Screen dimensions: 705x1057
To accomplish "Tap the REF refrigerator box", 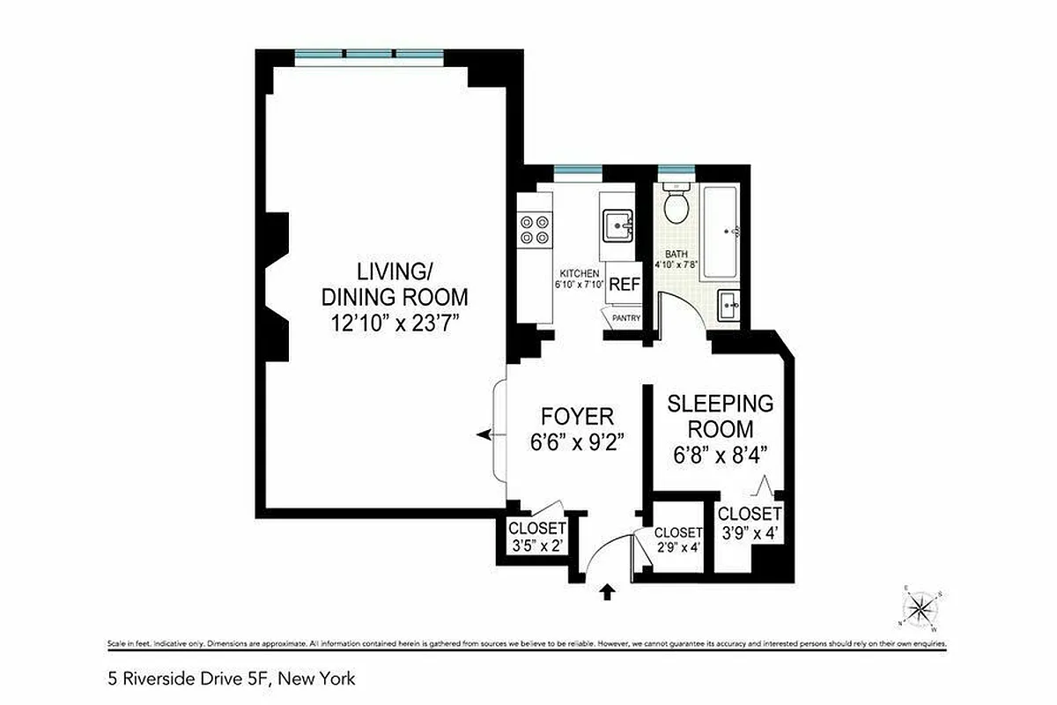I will pyautogui.click(x=625, y=285).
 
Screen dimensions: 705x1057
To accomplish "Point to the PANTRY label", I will pyautogui.click(x=626, y=318).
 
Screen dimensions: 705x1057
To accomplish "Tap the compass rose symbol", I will pyautogui.click(x=921, y=609).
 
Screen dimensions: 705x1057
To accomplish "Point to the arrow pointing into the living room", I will pyautogui.click(x=484, y=435).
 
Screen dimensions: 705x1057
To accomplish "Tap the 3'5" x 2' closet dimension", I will pyautogui.click(x=536, y=546).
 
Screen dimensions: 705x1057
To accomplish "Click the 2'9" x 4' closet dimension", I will pyautogui.click(x=678, y=546).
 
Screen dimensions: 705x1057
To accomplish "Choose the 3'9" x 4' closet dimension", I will pyautogui.click(x=750, y=533).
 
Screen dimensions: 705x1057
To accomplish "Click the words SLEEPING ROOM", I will pyautogui.click(x=721, y=416).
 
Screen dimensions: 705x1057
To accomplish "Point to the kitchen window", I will pyautogui.click(x=578, y=170).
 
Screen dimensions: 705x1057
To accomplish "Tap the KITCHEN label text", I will pyautogui.click(x=578, y=273).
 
